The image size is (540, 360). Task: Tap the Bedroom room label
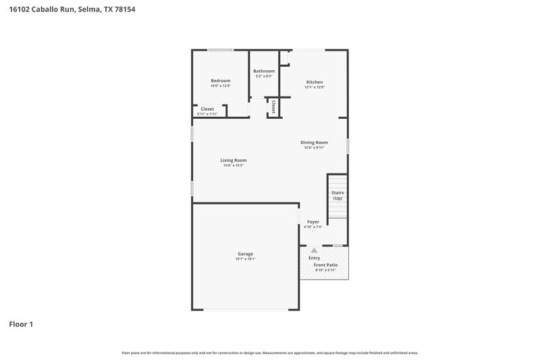[220, 81]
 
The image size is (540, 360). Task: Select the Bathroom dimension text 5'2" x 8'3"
[264, 76]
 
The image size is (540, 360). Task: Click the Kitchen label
[315, 82]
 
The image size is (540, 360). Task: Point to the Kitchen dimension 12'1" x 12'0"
[315, 87]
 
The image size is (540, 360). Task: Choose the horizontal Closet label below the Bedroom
[207, 109]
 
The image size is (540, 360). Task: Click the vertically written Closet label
[273, 107]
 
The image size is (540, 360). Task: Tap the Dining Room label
[314, 143]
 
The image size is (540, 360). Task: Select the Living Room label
[233, 160]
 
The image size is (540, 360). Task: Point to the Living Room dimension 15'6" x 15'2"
[233, 165]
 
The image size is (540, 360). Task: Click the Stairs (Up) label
[337, 195]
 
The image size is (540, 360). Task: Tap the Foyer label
[313, 222]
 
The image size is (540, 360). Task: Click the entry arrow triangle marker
[314, 251]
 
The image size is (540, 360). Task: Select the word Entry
[315, 258]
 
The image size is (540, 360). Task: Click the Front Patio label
[325, 265]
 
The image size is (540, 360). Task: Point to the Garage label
[245, 253]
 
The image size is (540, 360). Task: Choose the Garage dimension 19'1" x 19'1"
[245, 259]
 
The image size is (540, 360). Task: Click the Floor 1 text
[21, 324]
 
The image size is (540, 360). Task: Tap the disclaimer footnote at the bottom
[270, 353]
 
